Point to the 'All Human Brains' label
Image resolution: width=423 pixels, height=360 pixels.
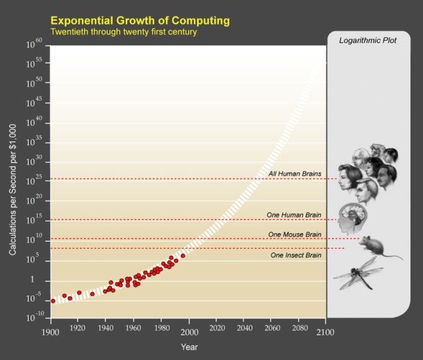coord(295,174)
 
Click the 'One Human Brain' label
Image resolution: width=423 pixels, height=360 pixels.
coord(294,215)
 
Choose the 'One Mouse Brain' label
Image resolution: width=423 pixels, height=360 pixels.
coord(294,234)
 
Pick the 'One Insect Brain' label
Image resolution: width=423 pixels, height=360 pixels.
coord(296,255)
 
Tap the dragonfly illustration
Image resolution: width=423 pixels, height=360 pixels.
coord(358,273)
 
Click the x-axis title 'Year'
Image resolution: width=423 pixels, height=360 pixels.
coord(189,347)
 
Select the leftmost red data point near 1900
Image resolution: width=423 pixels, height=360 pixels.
coord(53,301)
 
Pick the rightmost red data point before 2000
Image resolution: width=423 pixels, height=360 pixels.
coord(183,255)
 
